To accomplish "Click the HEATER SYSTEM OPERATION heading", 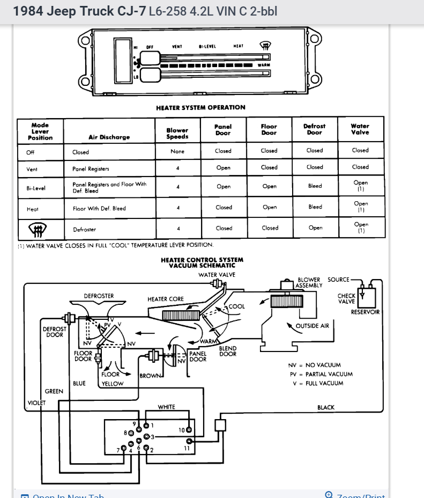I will (x=200, y=108).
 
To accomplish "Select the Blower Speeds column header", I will (x=177, y=134).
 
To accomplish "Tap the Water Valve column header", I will (x=360, y=129).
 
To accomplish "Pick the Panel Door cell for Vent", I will (x=224, y=168).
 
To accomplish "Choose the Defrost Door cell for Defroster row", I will (x=315, y=228).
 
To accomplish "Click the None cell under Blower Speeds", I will (x=177, y=151).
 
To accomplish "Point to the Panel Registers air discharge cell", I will (x=91, y=169).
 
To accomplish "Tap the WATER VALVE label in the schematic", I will (x=217, y=275).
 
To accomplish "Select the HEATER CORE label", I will (x=166, y=299).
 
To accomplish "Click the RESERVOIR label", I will (x=365, y=312).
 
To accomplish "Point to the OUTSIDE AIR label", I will (x=313, y=326).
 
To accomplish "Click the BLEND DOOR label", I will (x=228, y=351).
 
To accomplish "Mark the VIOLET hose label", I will (x=36, y=403).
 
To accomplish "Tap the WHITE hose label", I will (x=167, y=407).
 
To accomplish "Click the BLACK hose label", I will (x=325, y=408).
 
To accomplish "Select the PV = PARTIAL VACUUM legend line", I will (x=321, y=374).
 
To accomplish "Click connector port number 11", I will (x=187, y=448).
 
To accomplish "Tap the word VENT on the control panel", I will (x=177, y=47).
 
